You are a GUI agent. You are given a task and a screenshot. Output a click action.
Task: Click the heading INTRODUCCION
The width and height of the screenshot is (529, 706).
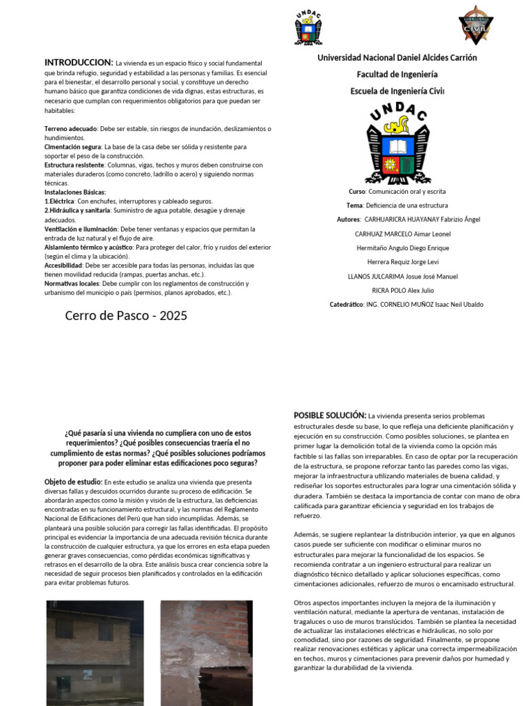coord(79,63)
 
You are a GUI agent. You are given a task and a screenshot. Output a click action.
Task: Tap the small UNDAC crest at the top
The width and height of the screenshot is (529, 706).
coord(308,28)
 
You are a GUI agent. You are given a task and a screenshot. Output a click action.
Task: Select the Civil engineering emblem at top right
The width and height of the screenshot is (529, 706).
coord(476,25)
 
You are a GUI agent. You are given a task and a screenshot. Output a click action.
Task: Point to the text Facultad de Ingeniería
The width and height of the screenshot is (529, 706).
coord(397,74)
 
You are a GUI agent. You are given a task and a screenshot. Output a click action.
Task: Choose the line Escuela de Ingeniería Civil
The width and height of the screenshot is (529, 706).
coord(397,91)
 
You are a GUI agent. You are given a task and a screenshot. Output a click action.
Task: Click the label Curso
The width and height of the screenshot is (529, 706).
coord(357,191)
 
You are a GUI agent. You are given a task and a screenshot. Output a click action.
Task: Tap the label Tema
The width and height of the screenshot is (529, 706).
coord(354,205)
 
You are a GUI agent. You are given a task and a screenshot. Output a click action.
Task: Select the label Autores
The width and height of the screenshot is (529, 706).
coord(349,219)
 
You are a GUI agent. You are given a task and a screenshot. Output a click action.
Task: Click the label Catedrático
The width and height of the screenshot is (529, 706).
coord(346,304)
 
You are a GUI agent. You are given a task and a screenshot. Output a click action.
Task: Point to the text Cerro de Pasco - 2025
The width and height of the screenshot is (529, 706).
coord(126,316)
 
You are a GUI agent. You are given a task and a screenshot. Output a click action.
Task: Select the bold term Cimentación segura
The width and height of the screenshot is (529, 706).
coord(73,147)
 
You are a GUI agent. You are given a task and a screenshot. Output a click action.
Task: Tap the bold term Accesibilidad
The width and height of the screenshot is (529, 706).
coord(63,265)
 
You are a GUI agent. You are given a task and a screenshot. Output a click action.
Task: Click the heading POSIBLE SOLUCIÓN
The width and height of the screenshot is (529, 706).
coord(330,415)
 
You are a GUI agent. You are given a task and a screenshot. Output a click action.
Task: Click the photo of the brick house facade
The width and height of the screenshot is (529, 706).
coord(95,652)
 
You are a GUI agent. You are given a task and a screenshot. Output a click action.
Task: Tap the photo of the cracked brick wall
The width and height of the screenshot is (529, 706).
coord(205,652)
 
